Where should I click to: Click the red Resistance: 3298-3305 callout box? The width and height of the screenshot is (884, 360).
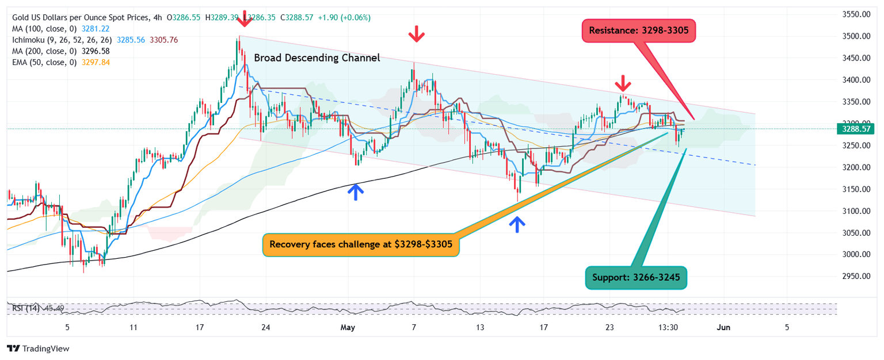[639, 30]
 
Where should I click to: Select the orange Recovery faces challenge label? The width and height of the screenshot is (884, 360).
[361, 244]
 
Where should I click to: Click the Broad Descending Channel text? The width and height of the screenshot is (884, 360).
[317, 58]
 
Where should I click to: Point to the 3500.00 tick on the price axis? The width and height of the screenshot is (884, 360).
[853, 36]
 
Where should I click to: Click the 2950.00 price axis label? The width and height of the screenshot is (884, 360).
[853, 276]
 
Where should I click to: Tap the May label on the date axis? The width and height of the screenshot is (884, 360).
[348, 327]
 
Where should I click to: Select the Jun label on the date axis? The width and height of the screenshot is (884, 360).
[723, 327]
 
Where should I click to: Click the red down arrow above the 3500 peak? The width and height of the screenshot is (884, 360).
[245, 19]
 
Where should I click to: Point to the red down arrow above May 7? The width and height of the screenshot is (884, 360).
[416, 36]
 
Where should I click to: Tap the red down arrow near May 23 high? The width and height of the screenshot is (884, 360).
[622, 83]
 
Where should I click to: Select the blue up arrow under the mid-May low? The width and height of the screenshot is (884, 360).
[517, 224]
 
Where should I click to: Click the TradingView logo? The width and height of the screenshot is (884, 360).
[38, 348]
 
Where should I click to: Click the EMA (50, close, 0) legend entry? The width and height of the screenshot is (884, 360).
[45, 62]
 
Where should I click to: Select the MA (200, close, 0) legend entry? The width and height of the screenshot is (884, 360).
[45, 51]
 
